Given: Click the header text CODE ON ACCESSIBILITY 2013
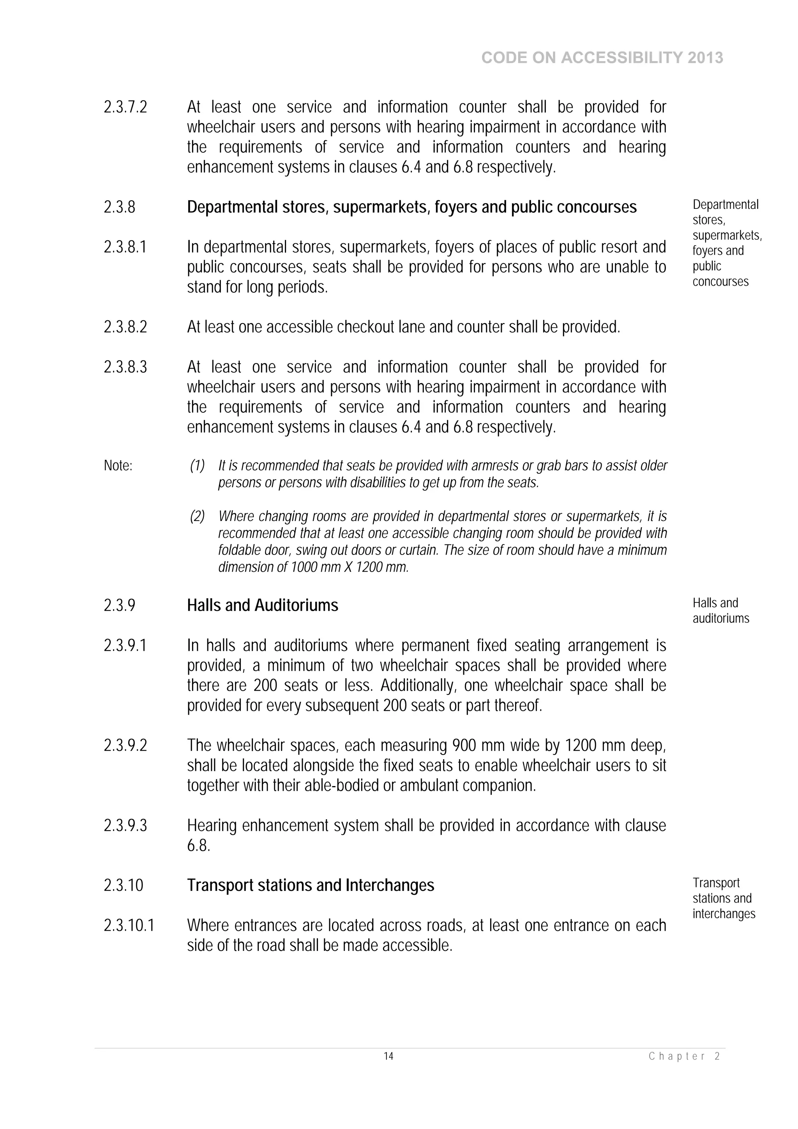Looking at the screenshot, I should point(602,58).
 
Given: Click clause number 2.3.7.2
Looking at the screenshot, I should point(125,107).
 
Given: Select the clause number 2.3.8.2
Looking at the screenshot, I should point(125,327).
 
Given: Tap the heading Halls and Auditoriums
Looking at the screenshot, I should point(262,605).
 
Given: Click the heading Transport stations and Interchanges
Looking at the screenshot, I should point(310,885).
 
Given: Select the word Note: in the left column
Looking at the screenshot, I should point(118,466).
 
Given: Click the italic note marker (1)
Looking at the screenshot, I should point(197,466).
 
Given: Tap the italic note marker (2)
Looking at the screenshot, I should point(197,516).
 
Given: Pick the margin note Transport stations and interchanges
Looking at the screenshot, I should point(723,898).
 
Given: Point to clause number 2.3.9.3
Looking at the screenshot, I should point(125,825).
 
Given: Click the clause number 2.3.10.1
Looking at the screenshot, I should point(129,926).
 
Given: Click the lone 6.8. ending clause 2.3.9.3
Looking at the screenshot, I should point(198,846).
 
